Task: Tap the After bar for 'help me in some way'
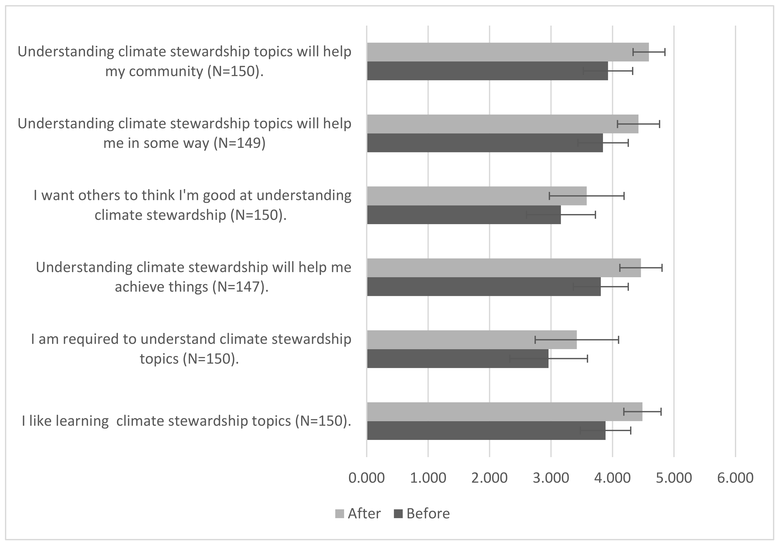point(502,124)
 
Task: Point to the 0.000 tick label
point(366,478)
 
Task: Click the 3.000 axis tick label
point(551,478)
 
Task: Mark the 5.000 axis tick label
point(674,478)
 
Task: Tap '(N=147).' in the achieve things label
point(240,287)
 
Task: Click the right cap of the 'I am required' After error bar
point(618,340)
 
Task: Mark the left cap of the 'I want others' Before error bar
point(526,214)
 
